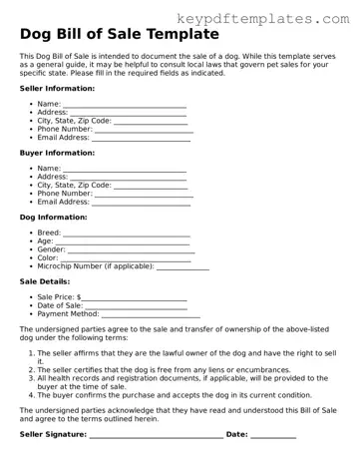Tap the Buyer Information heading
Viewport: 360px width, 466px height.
(58, 153)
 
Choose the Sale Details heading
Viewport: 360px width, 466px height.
(45, 281)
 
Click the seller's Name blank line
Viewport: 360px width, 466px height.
(125, 106)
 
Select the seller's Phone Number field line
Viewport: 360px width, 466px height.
(144, 131)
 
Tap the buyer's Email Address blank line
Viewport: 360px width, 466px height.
(141, 205)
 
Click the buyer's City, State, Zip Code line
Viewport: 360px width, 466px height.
(151, 188)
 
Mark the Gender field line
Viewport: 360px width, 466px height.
(128, 251)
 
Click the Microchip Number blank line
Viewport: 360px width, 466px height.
(183, 269)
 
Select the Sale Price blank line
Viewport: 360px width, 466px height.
(135, 299)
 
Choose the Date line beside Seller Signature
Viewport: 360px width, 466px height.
(273, 436)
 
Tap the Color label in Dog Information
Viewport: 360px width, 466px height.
(48, 258)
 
